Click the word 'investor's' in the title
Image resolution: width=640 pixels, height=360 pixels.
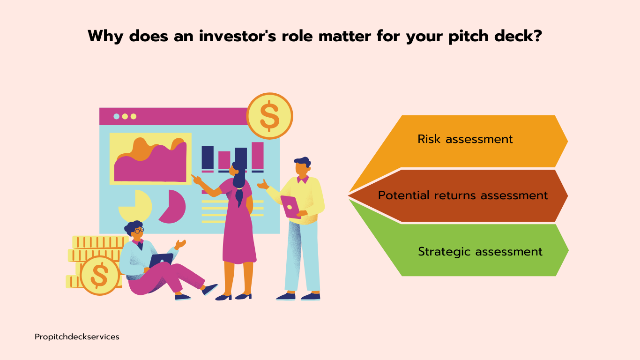(x=238, y=36)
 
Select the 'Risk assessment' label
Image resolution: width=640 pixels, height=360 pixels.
(x=465, y=139)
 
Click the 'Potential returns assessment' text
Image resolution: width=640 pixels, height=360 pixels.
(x=463, y=195)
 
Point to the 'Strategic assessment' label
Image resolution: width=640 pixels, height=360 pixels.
(x=480, y=252)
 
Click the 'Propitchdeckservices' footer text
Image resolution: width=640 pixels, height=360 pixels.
(x=77, y=337)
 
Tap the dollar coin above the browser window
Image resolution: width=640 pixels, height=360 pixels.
(x=269, y=116)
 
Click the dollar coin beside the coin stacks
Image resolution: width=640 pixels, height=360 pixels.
(x=99, y=275)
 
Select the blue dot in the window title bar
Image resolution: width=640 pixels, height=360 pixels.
(x=116, y=116)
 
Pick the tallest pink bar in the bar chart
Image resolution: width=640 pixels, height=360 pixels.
(x=257, y=156)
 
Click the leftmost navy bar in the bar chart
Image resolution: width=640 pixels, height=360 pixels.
(x=208, y=157)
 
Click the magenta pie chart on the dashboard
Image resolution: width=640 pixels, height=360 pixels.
(x=173, y=206)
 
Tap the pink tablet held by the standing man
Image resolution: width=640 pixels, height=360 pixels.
(x=290, y=206)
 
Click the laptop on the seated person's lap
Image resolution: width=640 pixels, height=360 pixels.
(x=161, y=260)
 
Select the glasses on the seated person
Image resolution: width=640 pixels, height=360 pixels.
(x=139, y=230)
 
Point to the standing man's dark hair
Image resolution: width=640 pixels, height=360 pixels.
(x=303, y=162)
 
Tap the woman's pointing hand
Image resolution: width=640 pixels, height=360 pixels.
(x=196, y=179)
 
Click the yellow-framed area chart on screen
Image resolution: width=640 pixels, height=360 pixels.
(x=150, y=158)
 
